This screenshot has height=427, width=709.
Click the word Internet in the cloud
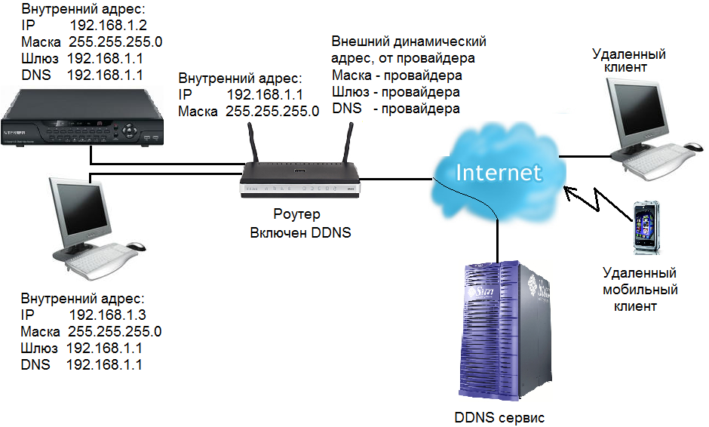tap(499, 172)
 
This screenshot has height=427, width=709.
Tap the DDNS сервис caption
tap(499, 416)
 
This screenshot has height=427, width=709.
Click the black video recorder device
tap(81, 117)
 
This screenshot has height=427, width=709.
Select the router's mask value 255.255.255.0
tap(269, 111)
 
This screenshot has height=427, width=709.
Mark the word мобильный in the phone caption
tap(640, 290)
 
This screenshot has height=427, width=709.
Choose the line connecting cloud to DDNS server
tap(499, 238)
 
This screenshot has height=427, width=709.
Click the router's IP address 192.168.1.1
tap(264, 94)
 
